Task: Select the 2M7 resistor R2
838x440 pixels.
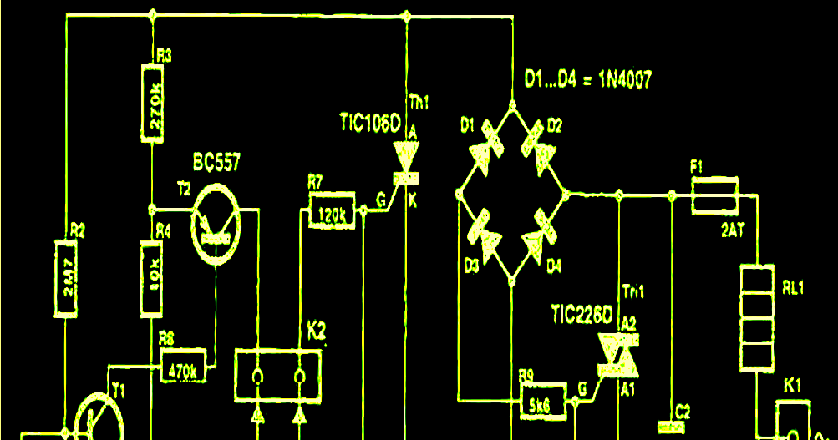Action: [x=67, y=279]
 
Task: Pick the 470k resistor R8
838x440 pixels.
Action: [x=183, y=368]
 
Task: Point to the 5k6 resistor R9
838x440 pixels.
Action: [x=540, y=406]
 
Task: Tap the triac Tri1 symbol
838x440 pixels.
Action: [x=617, y=357]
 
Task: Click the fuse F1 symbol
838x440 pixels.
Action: [x=714, y=195]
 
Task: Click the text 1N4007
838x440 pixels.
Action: [x=620, y=80]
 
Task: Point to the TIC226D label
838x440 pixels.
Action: [x=582, y=316]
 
